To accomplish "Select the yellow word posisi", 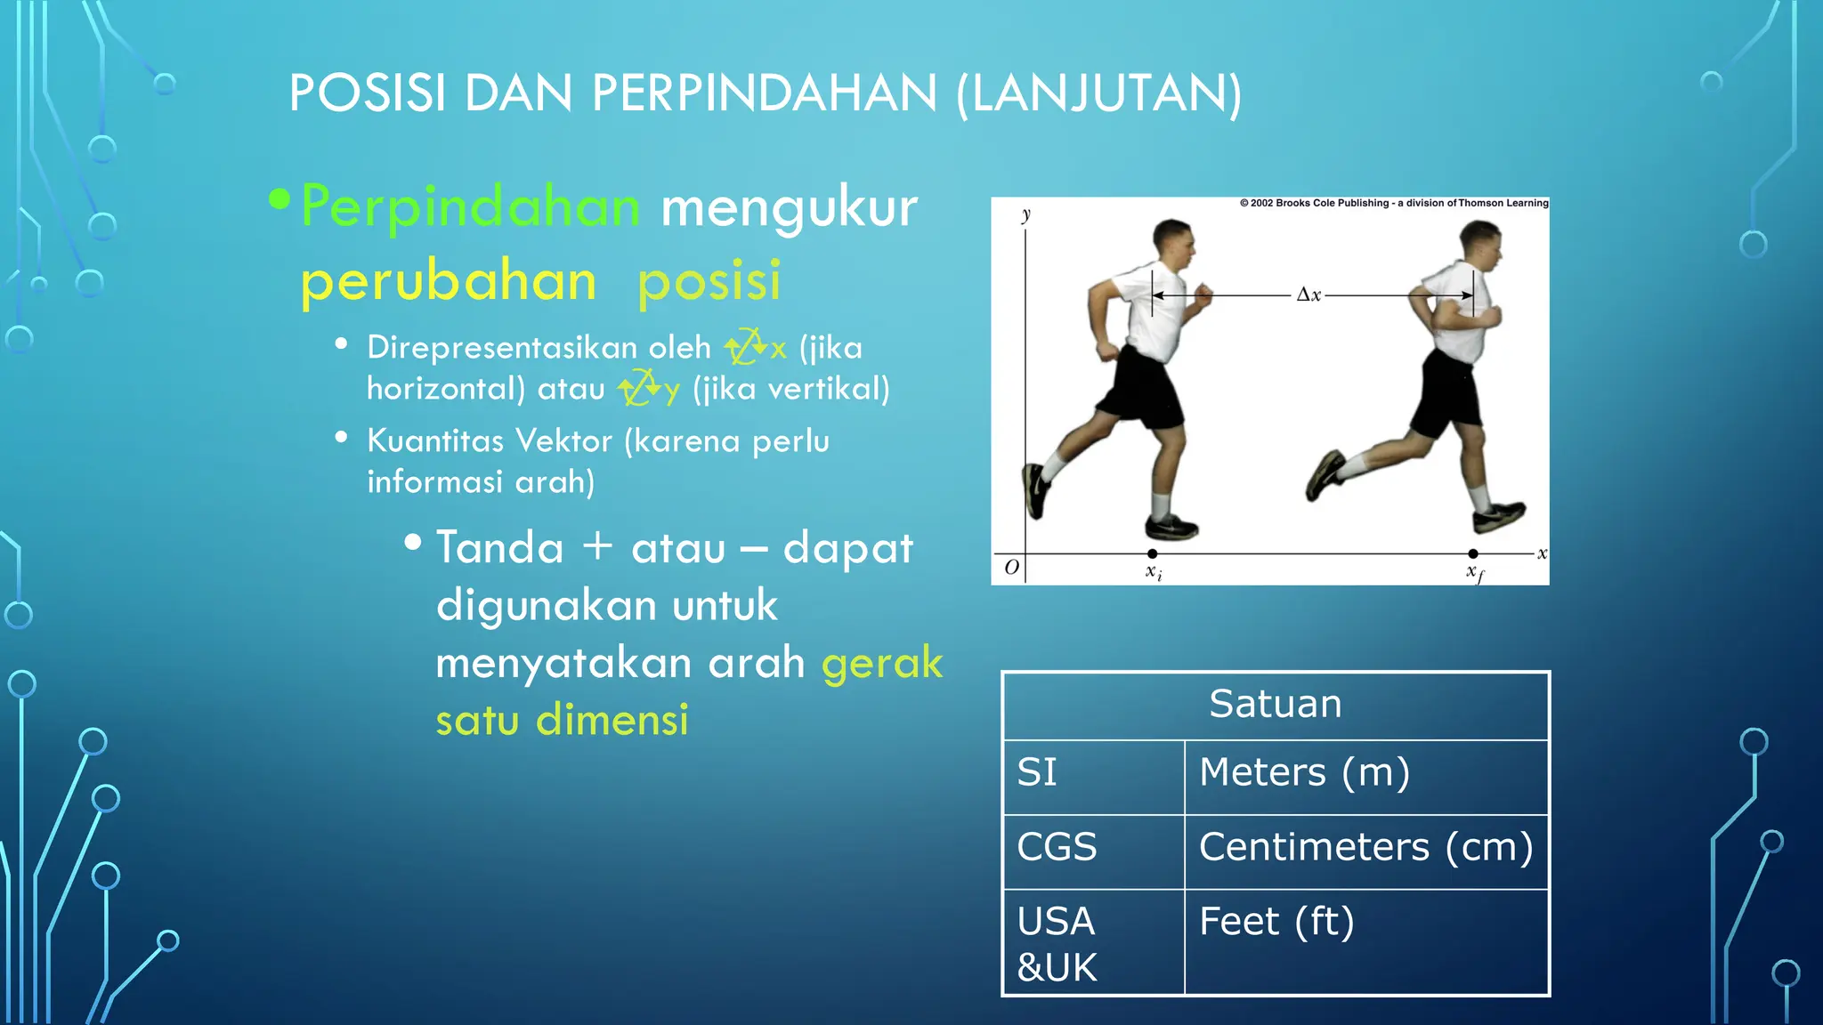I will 709,281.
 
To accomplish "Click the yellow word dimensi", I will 612,719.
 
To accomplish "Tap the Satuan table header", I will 1275,704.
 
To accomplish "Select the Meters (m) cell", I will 1304,772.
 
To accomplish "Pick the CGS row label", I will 1057,847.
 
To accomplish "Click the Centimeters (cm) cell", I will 1365,847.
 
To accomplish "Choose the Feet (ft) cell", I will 1276,922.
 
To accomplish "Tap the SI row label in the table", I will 1037,772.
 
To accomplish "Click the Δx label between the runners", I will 1309,295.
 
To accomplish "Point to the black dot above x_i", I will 1153,553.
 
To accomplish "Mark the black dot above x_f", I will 1473,553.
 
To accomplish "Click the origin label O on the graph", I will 1011,567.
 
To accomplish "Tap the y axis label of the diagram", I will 1026,214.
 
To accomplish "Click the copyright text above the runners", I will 1394,203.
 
